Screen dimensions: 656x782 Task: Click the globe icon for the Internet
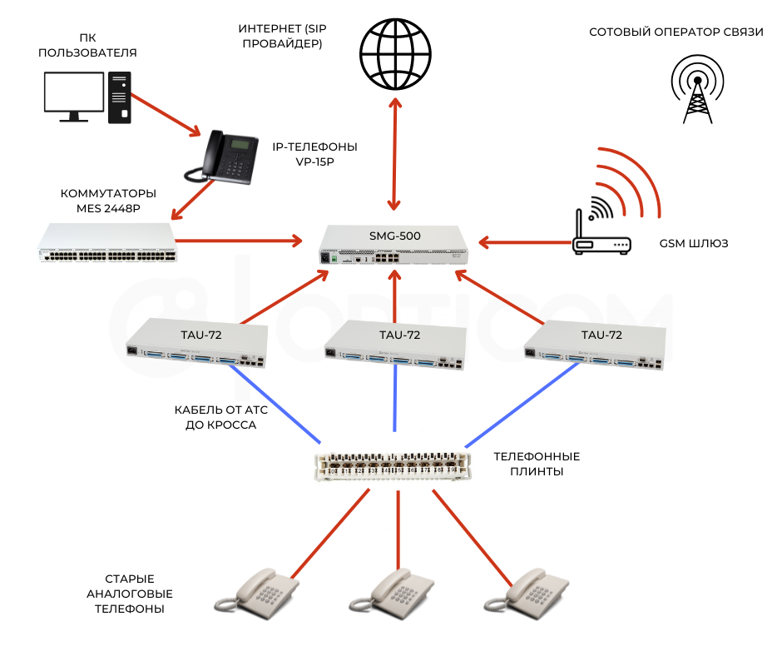click(395, 54)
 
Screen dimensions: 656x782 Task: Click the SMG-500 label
click(395, 236)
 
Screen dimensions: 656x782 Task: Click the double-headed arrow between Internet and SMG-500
click(395, 153)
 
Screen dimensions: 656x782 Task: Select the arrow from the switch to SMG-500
click(241, 242)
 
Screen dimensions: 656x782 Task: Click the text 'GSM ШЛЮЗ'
click(694, 244)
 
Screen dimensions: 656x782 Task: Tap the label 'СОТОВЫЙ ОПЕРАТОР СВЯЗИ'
click(676, 32)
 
